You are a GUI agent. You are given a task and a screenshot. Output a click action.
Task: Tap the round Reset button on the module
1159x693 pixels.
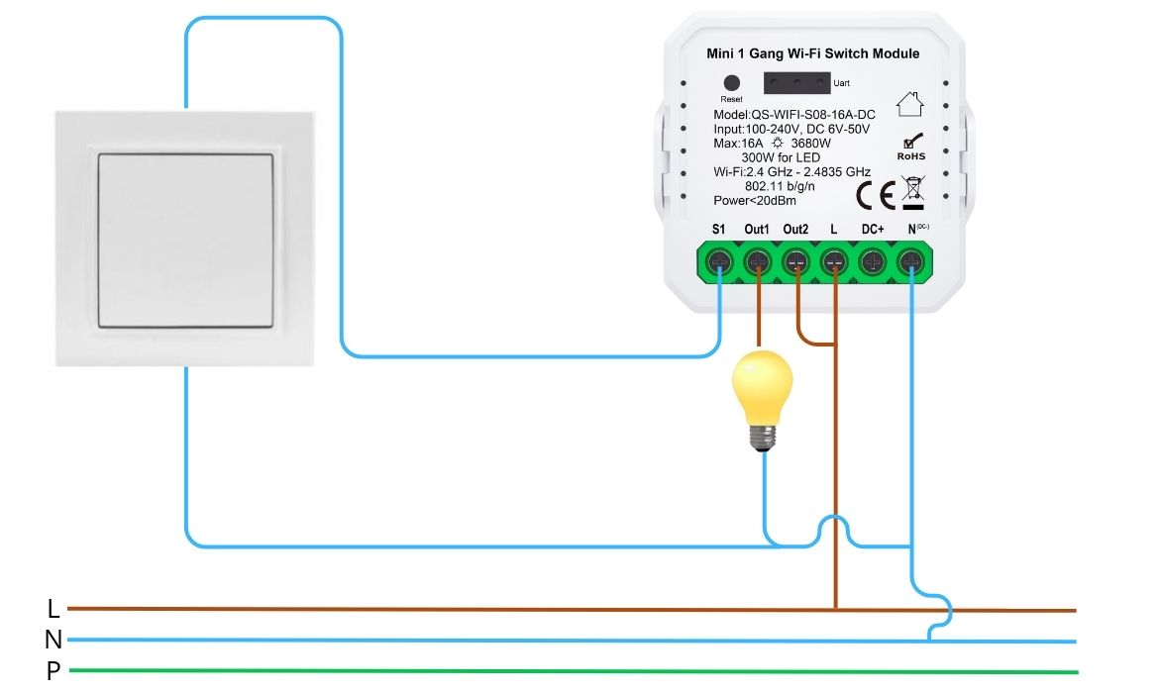tap(732, 84)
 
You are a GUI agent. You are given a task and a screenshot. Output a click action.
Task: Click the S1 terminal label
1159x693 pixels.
tap(719, 230)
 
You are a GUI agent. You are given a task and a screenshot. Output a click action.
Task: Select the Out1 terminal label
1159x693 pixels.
tap(757, 230)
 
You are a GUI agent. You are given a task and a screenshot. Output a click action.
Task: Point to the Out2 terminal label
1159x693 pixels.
tap(795, 230)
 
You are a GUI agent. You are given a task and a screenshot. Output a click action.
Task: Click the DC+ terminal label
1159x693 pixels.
tap(872, 230)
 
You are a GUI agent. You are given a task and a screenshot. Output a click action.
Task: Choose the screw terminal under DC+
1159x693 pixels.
tap(872, 262)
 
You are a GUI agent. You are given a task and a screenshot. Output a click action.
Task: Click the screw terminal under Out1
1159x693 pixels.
tap(758, 262)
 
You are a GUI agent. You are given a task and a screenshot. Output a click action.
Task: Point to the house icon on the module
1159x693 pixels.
tap(908, 103)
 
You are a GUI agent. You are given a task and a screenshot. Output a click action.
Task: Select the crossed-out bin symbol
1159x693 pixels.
tap(913, 192)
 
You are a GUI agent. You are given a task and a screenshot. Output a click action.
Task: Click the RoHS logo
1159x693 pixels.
tap(910, 148)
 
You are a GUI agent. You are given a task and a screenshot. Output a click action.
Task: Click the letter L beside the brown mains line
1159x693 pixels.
tap(53, 608)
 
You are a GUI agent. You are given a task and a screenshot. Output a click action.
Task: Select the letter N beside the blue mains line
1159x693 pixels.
tap(53, 641)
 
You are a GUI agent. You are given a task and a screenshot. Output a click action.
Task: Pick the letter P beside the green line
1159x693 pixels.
tap(53, 672)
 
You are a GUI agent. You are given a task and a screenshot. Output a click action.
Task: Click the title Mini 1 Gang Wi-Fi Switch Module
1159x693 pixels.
tap(812, 53)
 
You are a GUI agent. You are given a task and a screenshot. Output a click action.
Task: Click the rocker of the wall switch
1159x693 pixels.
tap(186, 239)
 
